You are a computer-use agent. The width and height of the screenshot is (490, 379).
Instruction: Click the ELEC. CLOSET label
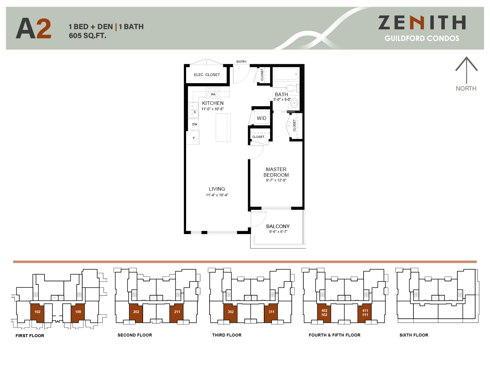pos(207,75)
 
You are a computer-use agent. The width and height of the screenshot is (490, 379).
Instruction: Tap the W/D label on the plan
pos(261,118)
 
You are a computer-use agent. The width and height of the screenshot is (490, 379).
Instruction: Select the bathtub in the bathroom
pos(286,74)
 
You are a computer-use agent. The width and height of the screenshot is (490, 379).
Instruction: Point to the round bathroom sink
pos(294,103)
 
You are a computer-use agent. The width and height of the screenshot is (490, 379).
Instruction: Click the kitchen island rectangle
pos(223,128)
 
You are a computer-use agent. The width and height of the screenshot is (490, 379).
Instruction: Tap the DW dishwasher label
pos(195,124)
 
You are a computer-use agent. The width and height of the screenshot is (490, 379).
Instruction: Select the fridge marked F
pos(193,138)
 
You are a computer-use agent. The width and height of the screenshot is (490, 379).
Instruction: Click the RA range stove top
pos(213,92)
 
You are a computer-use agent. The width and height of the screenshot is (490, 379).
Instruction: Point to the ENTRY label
pos(241,62)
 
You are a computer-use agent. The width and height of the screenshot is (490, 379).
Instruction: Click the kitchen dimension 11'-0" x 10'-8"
pos(213,109)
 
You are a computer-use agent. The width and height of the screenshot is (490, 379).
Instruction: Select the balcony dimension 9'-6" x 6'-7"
pos(278,232)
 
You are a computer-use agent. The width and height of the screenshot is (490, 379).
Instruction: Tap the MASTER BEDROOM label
pos(276,172)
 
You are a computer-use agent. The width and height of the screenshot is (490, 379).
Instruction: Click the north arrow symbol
pos(466,70)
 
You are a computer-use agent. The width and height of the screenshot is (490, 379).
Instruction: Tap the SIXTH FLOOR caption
pos(414,335)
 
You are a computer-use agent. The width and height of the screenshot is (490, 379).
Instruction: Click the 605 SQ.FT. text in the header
pos(88,36)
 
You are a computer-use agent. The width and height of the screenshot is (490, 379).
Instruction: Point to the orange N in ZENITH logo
pos(417,23)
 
